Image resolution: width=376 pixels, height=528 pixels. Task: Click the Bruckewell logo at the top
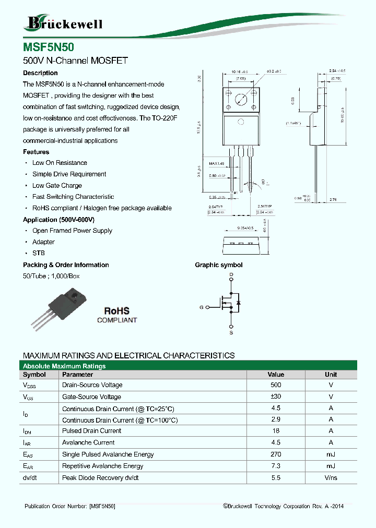(63, 23)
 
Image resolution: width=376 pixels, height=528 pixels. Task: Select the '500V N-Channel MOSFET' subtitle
(75, 61)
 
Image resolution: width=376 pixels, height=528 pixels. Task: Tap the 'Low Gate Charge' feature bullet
(57, 186)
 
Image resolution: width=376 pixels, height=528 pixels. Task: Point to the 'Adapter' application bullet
(43, 242)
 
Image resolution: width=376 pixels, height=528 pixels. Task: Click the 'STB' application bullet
(39, 253)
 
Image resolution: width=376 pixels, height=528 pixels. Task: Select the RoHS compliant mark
(116, 314)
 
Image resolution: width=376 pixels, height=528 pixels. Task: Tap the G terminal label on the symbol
(201, 308)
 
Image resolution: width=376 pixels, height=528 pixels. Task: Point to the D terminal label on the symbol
(231, 274)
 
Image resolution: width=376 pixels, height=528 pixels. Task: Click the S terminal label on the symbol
(231, 332)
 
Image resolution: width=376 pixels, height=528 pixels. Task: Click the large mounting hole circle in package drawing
(241, 99)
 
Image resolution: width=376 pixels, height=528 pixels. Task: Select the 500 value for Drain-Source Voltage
(276, 385)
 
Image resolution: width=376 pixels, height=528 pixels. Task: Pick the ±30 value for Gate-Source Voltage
(276, 397)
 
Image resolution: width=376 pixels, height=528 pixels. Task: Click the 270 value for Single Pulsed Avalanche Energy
(276, 454)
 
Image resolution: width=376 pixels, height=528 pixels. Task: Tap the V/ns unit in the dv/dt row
(331, 478)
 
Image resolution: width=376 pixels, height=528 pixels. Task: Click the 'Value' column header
(276, 375)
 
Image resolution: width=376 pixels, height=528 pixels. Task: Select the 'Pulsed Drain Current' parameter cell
(91, 431)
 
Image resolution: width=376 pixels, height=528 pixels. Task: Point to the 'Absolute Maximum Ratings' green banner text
(64, 366)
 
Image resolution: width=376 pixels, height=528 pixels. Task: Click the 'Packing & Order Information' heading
(66, 265)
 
